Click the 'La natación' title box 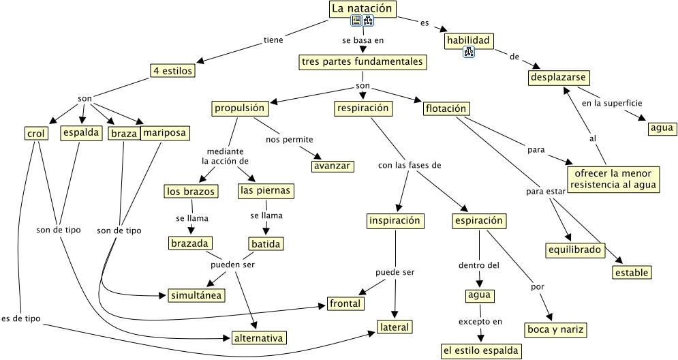click(363, 9)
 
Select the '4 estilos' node click(172, 70)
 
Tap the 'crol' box click(36, 134)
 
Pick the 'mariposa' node click(165, 133)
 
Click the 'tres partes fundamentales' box click(363, 62)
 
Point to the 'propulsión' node click(240, 108)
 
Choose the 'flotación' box click(446, 108)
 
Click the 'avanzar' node click(332, 166)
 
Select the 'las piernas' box click(266, 191)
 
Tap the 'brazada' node click(190, 243)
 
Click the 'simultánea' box click(196, 295)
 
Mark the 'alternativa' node click(258, 338)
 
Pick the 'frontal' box click(345, 303)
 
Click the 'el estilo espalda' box click(480, 351)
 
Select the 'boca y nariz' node click(555, 330)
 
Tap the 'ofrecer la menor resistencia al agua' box click(613, 179)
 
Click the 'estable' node click(632, 273)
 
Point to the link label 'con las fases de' click(410, 165)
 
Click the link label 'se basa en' click(363, 40)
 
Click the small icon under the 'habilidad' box click(469, 52)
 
